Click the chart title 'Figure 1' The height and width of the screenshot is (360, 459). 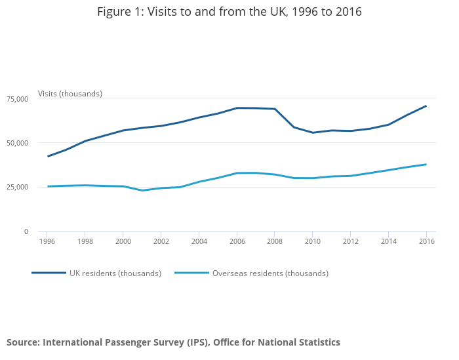point(229,12)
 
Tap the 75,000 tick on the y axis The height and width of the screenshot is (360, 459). point(17,98)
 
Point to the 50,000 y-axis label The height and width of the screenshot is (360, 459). point(17,143)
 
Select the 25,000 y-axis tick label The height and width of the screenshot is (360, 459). point(17,187)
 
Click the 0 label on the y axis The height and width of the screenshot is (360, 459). point(26,231)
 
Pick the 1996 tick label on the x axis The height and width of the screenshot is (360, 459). point(47,241)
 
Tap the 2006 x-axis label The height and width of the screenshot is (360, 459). point(237,241)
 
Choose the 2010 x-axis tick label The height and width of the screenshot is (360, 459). point(313,241)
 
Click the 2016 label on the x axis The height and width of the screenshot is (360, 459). point(426,241)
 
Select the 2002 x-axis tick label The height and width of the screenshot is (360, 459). point(161,241)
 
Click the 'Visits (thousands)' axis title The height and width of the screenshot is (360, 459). point(70,94)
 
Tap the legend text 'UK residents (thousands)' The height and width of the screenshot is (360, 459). point(115,273)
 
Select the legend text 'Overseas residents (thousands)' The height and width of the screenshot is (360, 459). point(270,273)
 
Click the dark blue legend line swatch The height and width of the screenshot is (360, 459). point(49,273)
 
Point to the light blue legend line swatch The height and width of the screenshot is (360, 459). point(191,273)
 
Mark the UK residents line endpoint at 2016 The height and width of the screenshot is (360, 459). point(426,106)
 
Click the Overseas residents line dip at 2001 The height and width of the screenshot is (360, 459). point(142,190)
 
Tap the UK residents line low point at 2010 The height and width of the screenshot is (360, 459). point(313,132)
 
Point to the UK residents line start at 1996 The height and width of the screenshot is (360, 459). point(47,156)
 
